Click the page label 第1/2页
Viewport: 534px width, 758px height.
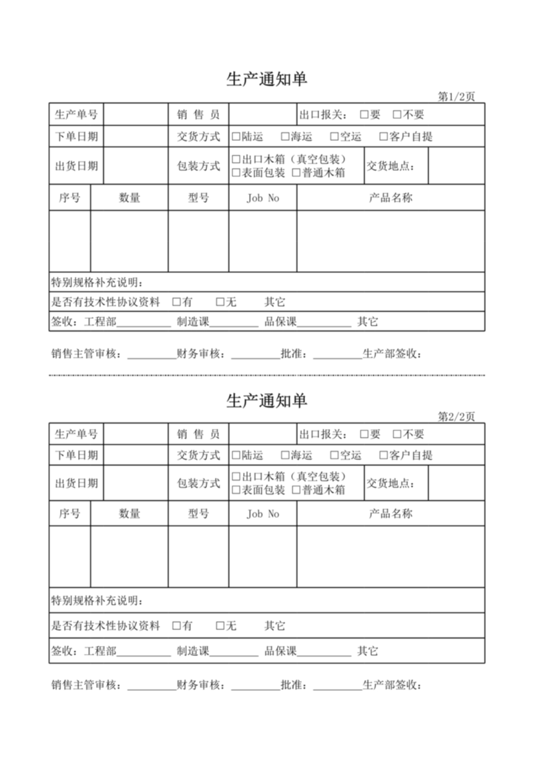456,97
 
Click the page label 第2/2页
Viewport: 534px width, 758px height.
456,416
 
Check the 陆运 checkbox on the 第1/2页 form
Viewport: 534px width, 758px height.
236,137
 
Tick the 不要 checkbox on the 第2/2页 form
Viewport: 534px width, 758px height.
397,434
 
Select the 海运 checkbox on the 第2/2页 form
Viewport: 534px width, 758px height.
285,456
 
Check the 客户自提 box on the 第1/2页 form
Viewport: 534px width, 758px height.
384,137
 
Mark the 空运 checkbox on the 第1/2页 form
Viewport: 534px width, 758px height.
334,137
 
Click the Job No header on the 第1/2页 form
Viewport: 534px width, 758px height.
263,198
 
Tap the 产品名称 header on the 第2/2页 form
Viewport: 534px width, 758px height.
390,514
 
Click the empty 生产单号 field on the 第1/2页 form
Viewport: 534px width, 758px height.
136,115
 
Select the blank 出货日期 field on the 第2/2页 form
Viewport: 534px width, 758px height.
136,484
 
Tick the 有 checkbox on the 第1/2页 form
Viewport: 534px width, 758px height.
177,302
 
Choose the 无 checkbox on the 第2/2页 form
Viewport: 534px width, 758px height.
220,626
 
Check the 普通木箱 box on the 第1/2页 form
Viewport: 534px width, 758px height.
296,173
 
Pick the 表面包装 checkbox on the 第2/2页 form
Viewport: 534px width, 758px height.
236,490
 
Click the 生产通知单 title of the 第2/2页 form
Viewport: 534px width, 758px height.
267,400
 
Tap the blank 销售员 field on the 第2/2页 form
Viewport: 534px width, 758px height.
262,434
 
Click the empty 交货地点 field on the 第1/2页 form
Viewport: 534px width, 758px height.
456,166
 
